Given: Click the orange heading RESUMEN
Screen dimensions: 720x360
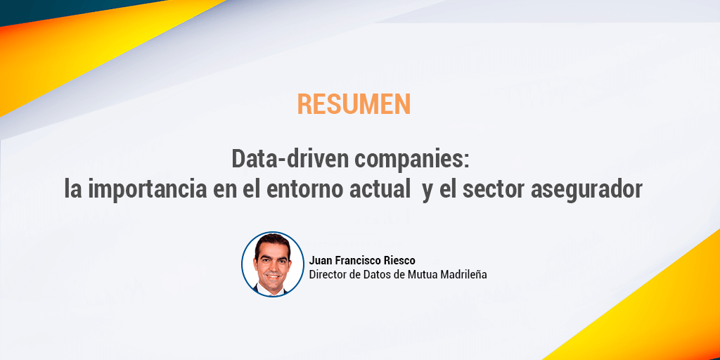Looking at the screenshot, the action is [x=354, y=104].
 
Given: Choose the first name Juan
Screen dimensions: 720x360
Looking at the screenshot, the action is [x=320, y=261].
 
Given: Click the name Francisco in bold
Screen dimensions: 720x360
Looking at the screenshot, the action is [x=356, y=261].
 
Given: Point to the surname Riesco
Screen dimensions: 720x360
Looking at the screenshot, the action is [x=398, y=261].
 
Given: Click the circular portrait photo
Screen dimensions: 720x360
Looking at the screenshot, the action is [x=273, y=264].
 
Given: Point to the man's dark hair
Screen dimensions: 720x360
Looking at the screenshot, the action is [x=272, y=241].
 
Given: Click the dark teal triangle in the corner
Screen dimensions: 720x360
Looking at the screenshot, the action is [x=69, y=10].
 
